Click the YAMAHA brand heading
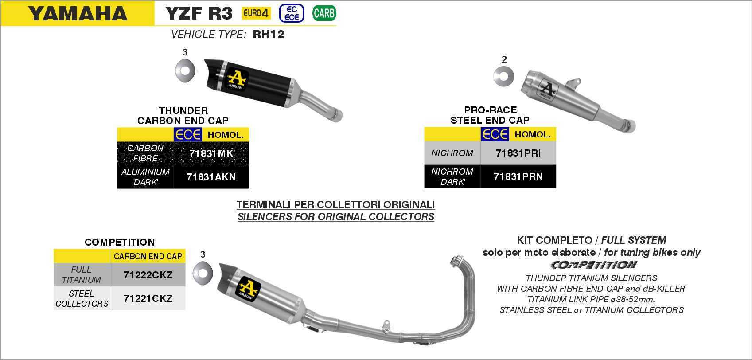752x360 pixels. [x=78, y=14]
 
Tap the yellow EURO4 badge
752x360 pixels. [x=256, y=13]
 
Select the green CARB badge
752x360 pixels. [x=324, y=13]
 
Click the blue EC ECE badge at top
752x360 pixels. [x=292, y=13]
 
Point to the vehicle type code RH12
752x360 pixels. [x=269, y=35]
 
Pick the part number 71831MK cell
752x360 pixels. [x=211, y=153]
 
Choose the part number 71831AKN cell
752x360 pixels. [x=211, y=177]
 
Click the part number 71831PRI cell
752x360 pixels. [x=518, y=153]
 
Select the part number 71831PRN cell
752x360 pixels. [x=518, y=176]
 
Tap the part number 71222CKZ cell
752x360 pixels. [x=148, y=275]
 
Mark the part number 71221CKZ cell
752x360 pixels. [x=148, y=298]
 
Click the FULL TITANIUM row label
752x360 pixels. [x=82, y=275]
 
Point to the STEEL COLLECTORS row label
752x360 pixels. [x=82, y=298]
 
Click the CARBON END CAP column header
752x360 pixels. [x=148, y=256]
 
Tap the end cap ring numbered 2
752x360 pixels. [x=504, y=77]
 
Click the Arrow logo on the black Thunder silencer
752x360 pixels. [x=236, y=79]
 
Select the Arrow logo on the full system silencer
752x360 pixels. [x=249, y=289]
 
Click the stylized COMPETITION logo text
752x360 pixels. [x=594, y=265]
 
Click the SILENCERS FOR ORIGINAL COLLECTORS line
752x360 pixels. [x=336, y=217]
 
